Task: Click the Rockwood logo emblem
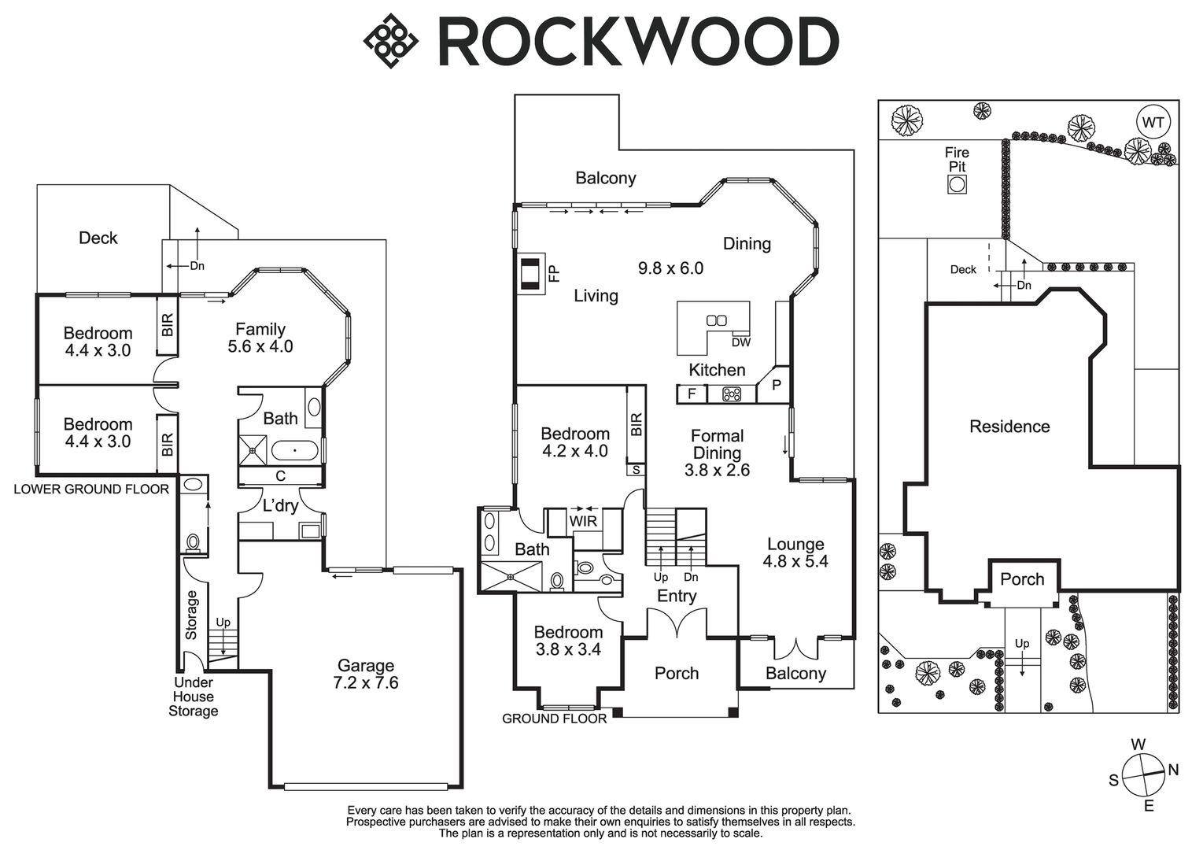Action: pyautogui.click(x=390, y=42)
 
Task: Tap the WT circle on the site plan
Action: pyautogui.click(x=1153, y=124)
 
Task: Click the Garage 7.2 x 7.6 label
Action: pyautogui.click(x=365, y=674)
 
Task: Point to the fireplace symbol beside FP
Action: pyautogui.click(x=529, y=273)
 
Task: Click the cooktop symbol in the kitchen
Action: pyautogui.click(x=733, y=394)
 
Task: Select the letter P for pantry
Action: pyautogui.click(x=776, y=385)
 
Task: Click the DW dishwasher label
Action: pyautogui.click(x=740, y=342)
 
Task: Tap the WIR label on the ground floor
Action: pyautogui.click(x=583, y=521)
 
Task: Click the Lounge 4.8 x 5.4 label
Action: pyautogui.click(x=795, y=552)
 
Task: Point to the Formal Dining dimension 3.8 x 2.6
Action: pyautogui.click(x=717, y=471)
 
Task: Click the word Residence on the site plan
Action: pyautogui.click(x=1009, y=427)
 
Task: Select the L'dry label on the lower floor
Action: pyautogui.click(x=281, y=506)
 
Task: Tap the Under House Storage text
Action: pyautogui.click(x=194, y=697)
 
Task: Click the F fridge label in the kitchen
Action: pyautogui.click(x=692, y=394)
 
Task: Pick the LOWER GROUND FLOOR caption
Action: pyautogui.click(x=91, y=490)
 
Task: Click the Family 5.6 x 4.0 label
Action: pyautogui.click(x=260, y=338)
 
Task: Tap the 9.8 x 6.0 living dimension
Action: pyautogui.click(x=670, y=268)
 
